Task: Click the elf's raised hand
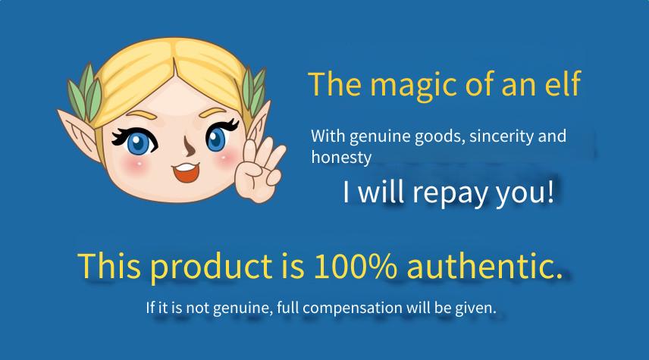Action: point(259,170)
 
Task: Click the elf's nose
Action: point(188,146)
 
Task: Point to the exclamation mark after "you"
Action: point(550,191)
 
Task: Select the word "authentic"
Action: point(484,265)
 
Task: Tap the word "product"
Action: point(211,267)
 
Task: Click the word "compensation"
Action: point(353,308)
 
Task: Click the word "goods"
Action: point(441,136)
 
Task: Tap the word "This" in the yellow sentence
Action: point(109,265)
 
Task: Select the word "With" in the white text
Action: point(328,136)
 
